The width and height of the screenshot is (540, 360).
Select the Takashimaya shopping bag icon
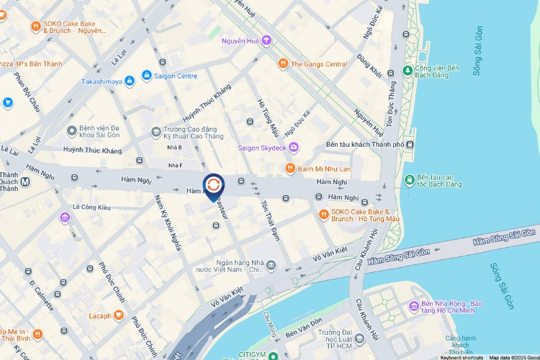(129, 82)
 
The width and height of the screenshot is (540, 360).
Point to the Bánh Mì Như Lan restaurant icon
(289, 168)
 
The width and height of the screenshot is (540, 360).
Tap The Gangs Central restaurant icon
(284, 63)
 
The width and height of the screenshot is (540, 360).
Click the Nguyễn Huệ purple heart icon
(266, 40)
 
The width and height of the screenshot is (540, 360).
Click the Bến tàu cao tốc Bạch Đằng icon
(409, 179)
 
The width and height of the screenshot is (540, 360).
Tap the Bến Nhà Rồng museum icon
(413, 307)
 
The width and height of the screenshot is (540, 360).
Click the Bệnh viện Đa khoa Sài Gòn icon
(71, 130)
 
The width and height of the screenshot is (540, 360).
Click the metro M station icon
(25, 181)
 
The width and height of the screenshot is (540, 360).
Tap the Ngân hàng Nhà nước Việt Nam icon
(271, 266)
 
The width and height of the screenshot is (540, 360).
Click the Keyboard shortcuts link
(462, 357)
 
